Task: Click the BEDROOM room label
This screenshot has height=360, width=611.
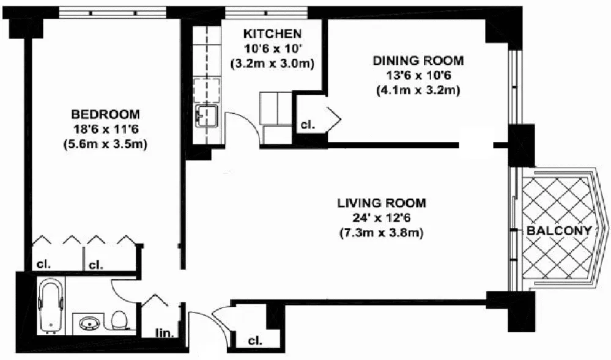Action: click(105, 114)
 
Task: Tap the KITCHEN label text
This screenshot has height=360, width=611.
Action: click(272, 33)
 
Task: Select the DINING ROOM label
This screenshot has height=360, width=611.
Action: click(418, 61)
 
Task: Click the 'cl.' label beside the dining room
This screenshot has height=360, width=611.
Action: click(308, 125)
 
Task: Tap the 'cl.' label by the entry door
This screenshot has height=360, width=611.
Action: click(256, 341)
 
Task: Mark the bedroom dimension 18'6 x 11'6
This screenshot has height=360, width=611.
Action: click(105, 130)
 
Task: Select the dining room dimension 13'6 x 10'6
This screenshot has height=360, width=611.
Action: click(418, 76)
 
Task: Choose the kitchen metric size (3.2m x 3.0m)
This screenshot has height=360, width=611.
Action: click(272, 63)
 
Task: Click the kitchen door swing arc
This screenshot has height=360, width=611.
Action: click(242, 125)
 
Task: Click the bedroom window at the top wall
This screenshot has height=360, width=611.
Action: click(113, 12)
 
